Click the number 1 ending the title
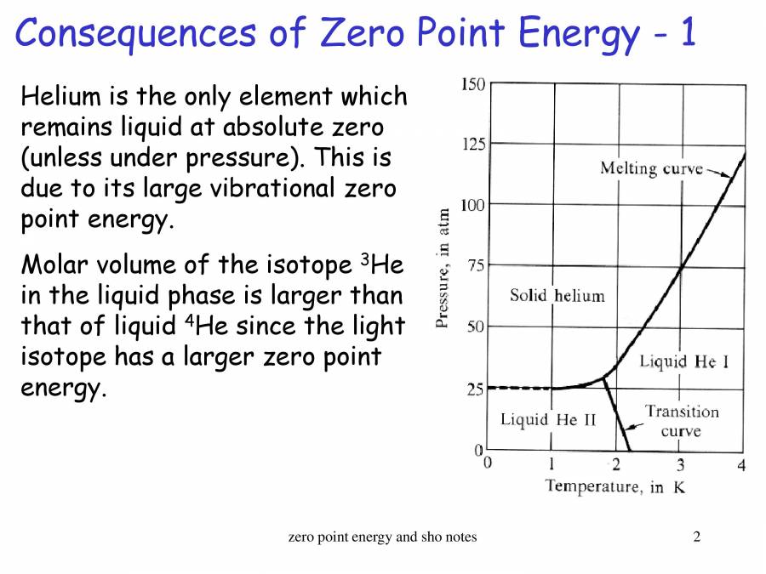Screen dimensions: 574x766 click(x=687, y=34)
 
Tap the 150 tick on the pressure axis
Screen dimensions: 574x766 click(x=473, y=84)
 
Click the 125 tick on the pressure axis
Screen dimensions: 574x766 click(x=473, y=145)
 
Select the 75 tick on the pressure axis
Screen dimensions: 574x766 click(x=477, y=265)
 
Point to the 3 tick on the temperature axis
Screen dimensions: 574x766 click(x=680, y=464)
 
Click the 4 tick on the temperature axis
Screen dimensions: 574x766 click(x=742, y=464)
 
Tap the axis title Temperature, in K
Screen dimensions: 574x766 click(x=615, y=487)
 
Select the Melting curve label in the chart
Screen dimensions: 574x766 click(x=651, y=168)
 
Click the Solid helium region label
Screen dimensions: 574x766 click(x=557, y=296)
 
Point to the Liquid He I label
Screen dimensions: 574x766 click(x=683, y=361)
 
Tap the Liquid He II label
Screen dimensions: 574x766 click(x=548, y=419)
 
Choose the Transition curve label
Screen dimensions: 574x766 click(x=681, y=421)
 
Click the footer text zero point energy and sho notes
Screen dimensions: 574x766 click(x=383, y=537)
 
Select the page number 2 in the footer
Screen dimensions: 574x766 click(x=697, y=537)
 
